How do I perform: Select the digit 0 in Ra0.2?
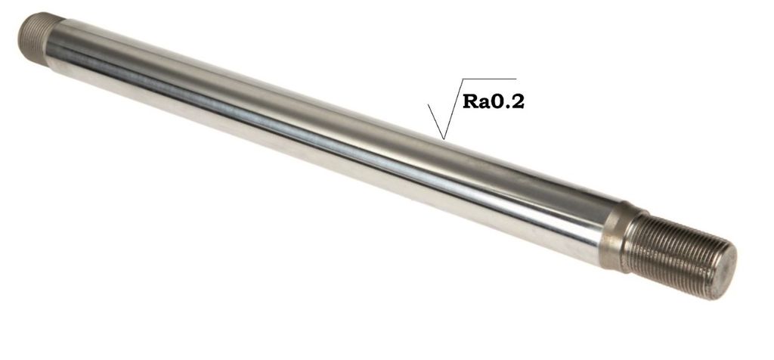497,102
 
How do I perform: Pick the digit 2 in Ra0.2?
516,102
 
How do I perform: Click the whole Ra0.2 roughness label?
493,102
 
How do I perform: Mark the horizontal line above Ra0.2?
489,79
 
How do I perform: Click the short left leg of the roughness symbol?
436,122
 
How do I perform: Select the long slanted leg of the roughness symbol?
454,109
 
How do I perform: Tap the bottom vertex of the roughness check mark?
444,139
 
